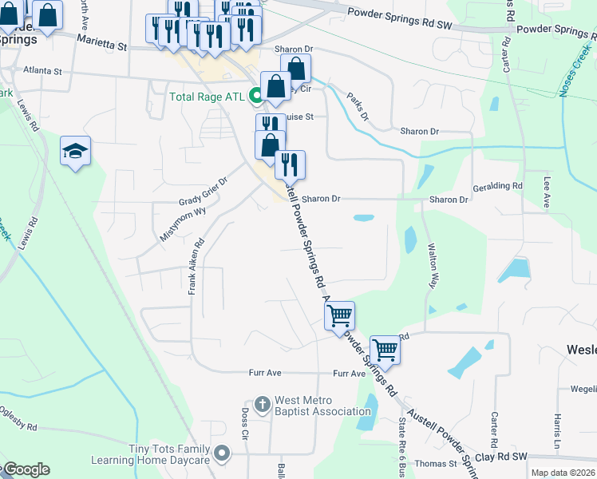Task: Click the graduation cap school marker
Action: point(75,150)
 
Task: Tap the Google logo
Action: point(26,469)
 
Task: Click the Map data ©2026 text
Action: point(562,473)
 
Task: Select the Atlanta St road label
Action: point(42,71)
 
